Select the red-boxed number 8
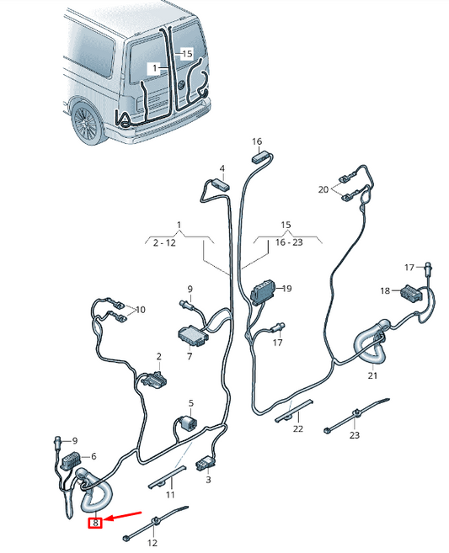(x=96, y=524)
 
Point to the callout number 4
(x=222, y=168)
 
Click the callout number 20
(x=323, y=190)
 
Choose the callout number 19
(x=286, y=288)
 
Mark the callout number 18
(x=383, y=290)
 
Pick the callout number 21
(x=372, y=375)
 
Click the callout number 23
(x=354, y=435)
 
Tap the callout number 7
(x=190, y=356)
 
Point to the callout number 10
(x=140, y=310)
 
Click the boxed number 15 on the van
(x=187, y=53)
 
